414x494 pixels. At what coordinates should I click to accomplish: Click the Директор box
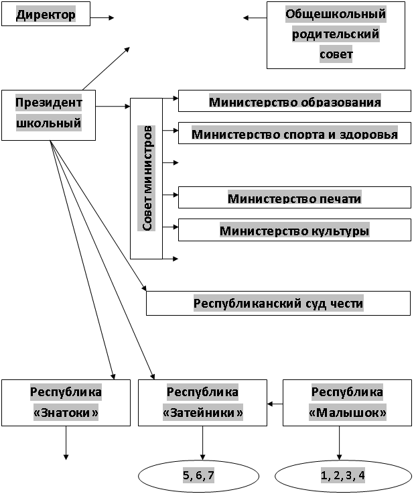point(46,14)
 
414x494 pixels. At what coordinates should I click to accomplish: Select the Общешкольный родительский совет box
point(336,35)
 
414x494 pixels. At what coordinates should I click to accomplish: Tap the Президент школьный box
point(48,115)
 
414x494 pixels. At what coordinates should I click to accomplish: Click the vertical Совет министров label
point(147,178)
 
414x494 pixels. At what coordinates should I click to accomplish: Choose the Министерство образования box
point(294,101)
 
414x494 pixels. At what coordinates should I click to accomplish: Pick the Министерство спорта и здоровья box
point(294,133)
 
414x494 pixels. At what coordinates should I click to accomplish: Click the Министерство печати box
point(294,197)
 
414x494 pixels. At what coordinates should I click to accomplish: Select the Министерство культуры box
point(294,230)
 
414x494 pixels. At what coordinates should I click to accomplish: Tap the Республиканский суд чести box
point(278,303)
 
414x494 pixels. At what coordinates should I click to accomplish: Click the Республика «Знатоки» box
point(66,403)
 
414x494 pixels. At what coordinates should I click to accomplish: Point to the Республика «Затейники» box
point(202,403)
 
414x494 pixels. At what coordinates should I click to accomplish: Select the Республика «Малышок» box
point(347,403)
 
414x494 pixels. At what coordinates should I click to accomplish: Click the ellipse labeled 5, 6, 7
point(199,476)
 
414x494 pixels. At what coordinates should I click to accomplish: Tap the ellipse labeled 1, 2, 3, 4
point(343,476)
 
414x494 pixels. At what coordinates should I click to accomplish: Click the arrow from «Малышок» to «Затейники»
point(275,404)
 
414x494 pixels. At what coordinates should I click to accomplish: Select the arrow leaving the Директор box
point(102,17)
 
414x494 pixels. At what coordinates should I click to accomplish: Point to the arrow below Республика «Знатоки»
point(66,443)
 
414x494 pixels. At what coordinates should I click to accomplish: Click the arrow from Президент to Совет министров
point(113,107)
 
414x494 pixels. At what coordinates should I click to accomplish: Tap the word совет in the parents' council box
point(336,54)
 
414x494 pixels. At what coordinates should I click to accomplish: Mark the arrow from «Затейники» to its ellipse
point(202,443)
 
